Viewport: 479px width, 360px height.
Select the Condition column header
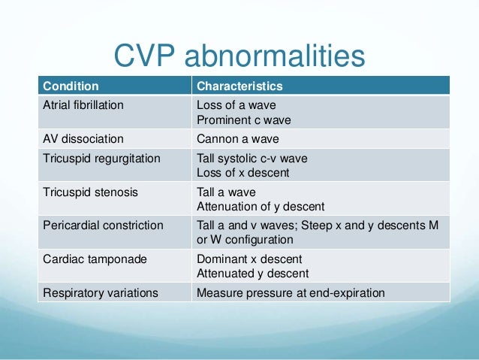click(70, 86)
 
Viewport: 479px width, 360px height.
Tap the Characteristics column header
click(239, 86)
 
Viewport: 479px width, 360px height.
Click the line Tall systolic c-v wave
click(252, 159)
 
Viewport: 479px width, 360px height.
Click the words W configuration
click(253, 240)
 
